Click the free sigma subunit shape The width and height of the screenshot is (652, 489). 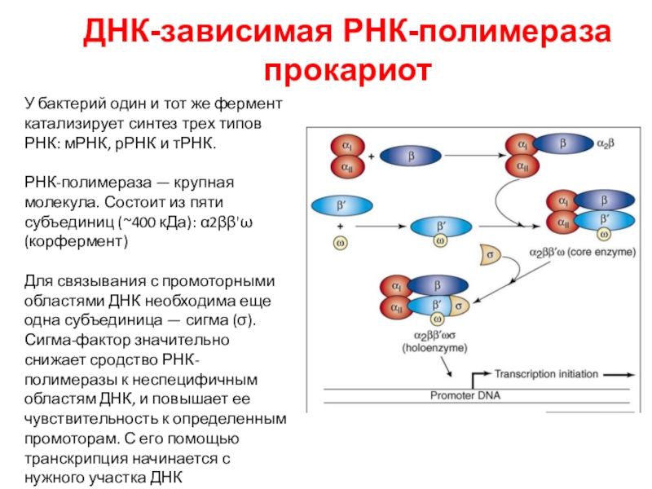click(491, 253)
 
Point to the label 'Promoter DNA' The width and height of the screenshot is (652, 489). click(466, 397)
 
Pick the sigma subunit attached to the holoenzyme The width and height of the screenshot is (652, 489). click(460, 306)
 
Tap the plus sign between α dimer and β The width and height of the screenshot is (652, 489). click(372, 155)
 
